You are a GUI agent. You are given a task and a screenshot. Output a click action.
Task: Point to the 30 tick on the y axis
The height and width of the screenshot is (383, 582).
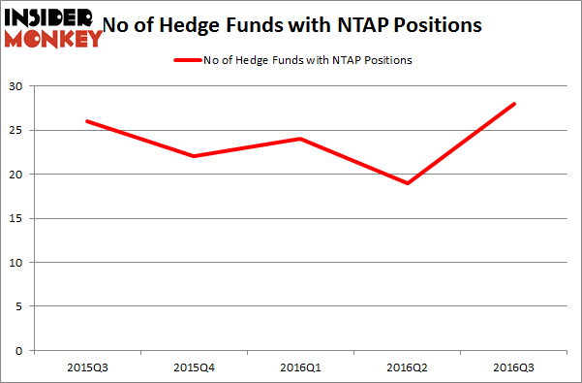[18, 87]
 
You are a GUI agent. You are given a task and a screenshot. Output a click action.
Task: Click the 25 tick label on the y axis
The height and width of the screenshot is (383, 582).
[18, 131]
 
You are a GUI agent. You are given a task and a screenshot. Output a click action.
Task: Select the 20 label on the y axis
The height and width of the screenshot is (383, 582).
[18, 175]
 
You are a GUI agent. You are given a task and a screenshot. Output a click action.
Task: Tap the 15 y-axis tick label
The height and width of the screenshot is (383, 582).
[18, 219]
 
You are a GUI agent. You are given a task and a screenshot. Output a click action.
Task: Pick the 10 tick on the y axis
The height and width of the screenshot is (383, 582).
[18, 263]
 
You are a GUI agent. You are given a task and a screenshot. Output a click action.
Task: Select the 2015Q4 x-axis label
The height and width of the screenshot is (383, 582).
[193, 367]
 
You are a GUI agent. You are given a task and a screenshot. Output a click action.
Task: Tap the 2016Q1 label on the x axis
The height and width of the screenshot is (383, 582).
[300, 367]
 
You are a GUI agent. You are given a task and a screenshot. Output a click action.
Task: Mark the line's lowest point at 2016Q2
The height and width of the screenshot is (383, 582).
[408, 183]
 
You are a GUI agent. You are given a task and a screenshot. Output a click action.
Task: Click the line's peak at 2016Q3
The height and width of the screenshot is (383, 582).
[515, 104]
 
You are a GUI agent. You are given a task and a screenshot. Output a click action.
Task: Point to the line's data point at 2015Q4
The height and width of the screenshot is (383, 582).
[193, 157]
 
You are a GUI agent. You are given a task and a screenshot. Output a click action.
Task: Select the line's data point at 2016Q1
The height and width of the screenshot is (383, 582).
[300, 139]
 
